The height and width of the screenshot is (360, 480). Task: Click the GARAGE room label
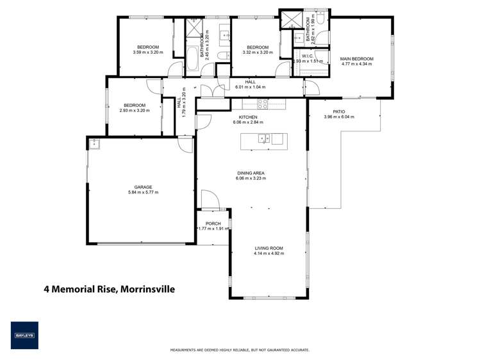click(142, 187)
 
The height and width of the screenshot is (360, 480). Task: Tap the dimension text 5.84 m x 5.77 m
click(142, 192)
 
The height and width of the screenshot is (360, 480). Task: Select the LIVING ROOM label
click(269, 248)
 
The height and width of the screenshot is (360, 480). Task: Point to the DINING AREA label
click(251, 173)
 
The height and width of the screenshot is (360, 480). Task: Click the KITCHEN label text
click(248, 117)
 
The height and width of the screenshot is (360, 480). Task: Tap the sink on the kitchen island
click(263, 138)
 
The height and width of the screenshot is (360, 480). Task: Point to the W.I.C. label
click(306, 56)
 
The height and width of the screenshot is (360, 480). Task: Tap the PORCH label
click(213, 224)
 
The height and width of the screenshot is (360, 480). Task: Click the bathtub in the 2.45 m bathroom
click(192, 61)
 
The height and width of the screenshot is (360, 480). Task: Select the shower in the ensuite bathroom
click(290, 20)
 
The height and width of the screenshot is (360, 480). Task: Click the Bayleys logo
click(24, 335)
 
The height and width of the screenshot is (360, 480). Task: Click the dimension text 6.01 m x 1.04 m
click(250, 87)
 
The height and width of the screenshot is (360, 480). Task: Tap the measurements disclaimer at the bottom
click(240, 350)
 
